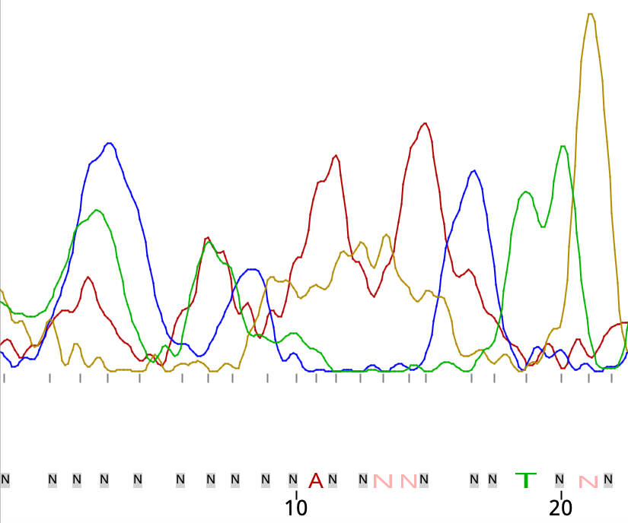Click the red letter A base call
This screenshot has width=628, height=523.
click(x=316, y=480)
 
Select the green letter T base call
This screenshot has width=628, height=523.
click(x=526, y=480)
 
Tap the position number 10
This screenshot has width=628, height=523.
click(x=295, y=506)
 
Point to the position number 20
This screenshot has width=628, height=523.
click(x=561, y=506)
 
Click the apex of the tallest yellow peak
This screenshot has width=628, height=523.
click(x=590, y=14)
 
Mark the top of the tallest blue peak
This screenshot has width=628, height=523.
click(x=110, y=143)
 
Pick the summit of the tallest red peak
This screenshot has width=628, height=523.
click(x=426, y=123)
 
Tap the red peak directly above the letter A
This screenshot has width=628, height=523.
click(x=336, y=156)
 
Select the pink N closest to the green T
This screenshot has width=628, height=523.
click(x=587, y=480)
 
